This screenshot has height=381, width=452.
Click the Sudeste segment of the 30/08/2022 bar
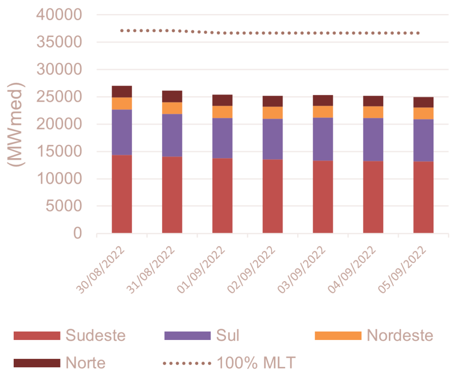point(122,193)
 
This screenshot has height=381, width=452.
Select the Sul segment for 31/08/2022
point(172,135)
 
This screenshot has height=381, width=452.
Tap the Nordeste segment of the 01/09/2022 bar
point(222,112)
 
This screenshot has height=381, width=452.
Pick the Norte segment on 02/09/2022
point(273,101)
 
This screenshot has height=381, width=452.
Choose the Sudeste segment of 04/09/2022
point(373,196)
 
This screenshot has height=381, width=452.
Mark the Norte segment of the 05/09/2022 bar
point(424,102)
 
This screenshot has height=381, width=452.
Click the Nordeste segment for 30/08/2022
point(122,103)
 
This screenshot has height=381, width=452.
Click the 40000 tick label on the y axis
point(58,15)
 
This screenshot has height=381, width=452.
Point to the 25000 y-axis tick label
point(58,97)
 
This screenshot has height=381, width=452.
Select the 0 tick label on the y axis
point(77,233)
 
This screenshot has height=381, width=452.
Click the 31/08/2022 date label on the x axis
point(157,268)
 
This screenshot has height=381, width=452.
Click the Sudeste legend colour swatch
point(36,336)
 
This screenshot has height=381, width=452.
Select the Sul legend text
point(227,336)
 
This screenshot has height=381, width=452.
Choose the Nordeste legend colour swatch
point(338,336)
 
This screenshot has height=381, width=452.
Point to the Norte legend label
point(86,363)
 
